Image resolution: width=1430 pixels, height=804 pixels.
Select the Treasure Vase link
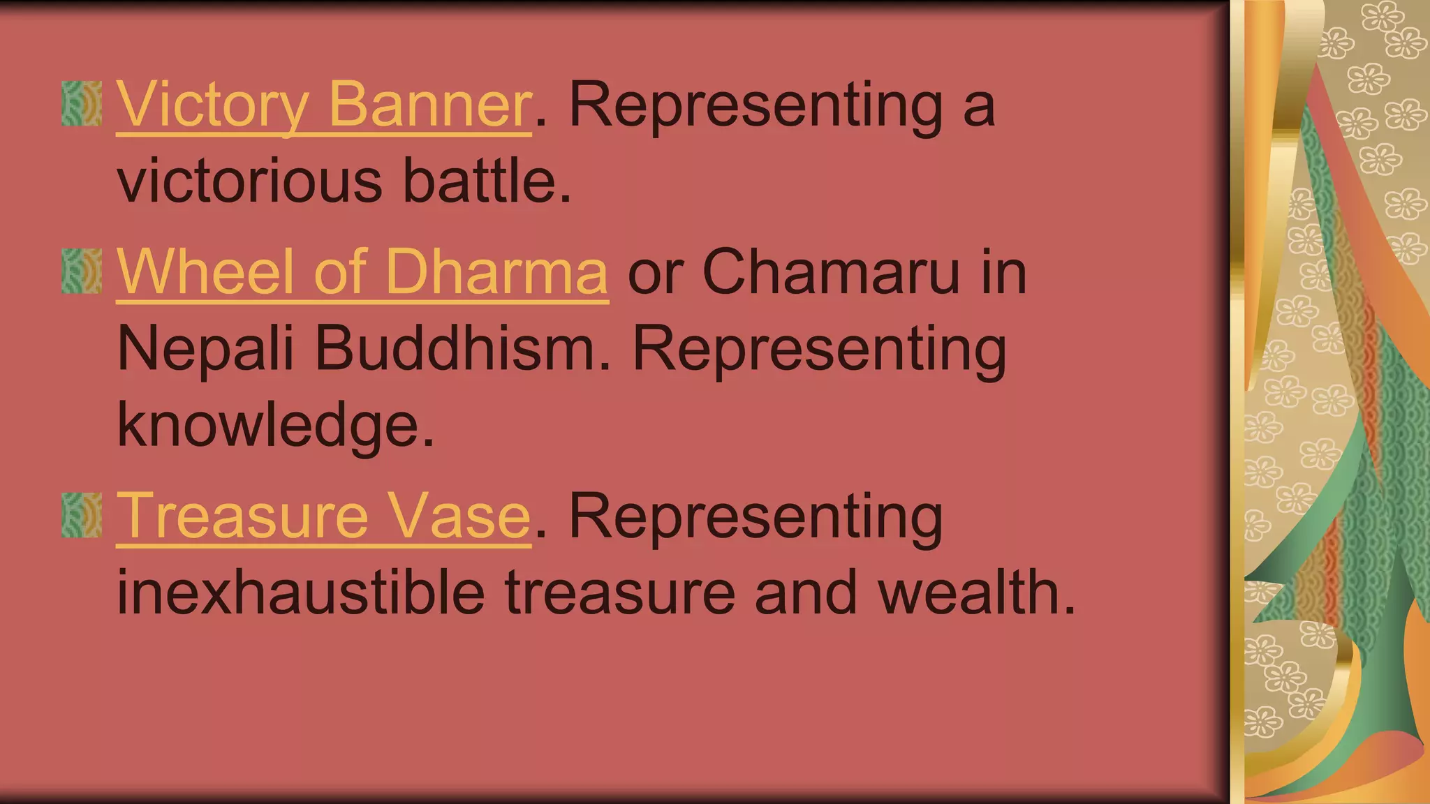click(323, 516)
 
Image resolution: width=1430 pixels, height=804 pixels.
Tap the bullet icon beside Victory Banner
click(82, 104)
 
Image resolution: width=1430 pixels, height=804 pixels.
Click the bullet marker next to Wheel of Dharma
click(82, 271)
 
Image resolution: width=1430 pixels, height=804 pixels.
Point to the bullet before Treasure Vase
click(82, 516)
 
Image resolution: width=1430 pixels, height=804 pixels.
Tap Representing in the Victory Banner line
click(756, 106)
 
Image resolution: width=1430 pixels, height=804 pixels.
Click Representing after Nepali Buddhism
click(819, 350)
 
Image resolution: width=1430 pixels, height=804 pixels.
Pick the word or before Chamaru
click(655, 274)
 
